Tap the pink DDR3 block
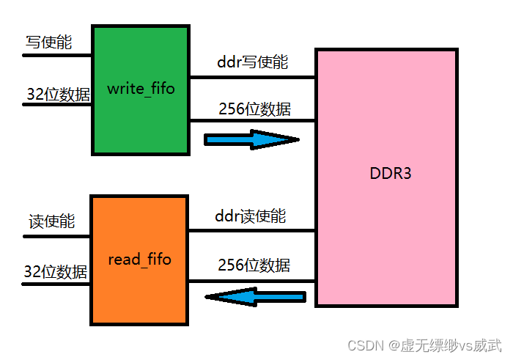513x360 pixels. point(386,220)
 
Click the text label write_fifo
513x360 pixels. point(141,89)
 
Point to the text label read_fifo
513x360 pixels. point(139,260)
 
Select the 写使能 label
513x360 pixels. point(49,43)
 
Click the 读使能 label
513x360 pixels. point(51,221)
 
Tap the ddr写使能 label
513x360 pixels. point(252,62)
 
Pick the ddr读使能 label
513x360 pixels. point(251,217)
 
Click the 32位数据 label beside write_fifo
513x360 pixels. point(59,95)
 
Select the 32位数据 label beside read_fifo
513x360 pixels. point(56,271)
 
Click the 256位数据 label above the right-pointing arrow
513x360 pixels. point(254,110)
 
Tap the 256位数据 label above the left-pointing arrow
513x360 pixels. point(254,265)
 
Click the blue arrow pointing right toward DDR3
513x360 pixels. point(252,139)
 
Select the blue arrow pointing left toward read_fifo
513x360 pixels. point(254,296)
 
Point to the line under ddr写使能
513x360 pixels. point(252,77)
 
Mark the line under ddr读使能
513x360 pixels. point(252,231)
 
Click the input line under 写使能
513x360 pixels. point(57,55)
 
